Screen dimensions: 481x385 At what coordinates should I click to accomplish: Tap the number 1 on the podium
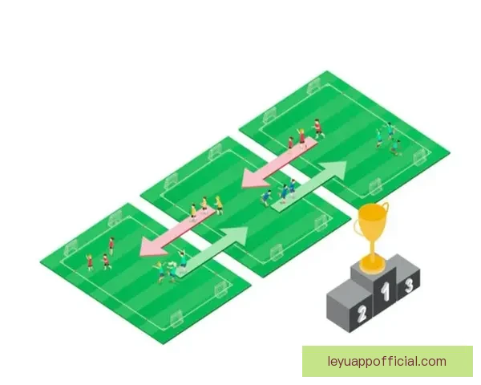pos(386,292)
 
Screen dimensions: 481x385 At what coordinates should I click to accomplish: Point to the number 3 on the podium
pos(409,286)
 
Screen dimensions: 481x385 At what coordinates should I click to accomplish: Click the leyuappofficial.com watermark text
pos(387,362)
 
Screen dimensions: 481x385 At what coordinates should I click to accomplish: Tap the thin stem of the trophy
pos(373,248)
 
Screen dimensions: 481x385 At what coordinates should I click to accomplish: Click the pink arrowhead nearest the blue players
pos(256,180)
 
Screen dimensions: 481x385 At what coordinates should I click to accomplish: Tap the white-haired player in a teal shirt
pos(172,271)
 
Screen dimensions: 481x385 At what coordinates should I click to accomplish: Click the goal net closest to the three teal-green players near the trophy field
pos(419,158)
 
